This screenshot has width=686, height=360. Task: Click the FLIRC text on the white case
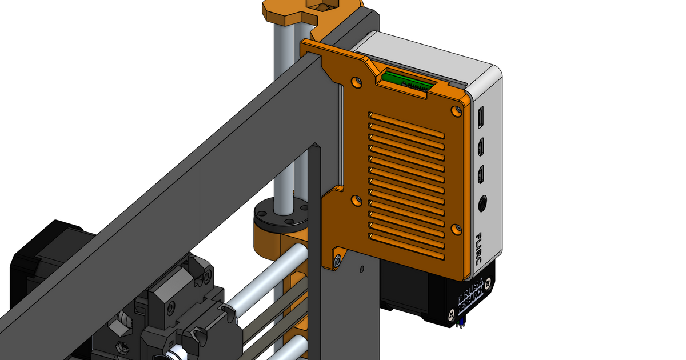(478, 247)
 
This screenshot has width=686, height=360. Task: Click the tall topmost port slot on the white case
(481, 117)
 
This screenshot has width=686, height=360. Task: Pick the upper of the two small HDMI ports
(482, 146)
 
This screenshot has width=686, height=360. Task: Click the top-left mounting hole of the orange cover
(357, 82)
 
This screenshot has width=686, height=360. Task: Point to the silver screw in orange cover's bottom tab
(338, 261)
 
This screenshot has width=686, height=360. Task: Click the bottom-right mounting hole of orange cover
(456, 229)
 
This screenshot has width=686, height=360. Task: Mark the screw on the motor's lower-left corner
(452, 313)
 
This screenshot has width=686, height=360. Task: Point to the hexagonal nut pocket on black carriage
(122, 346)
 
